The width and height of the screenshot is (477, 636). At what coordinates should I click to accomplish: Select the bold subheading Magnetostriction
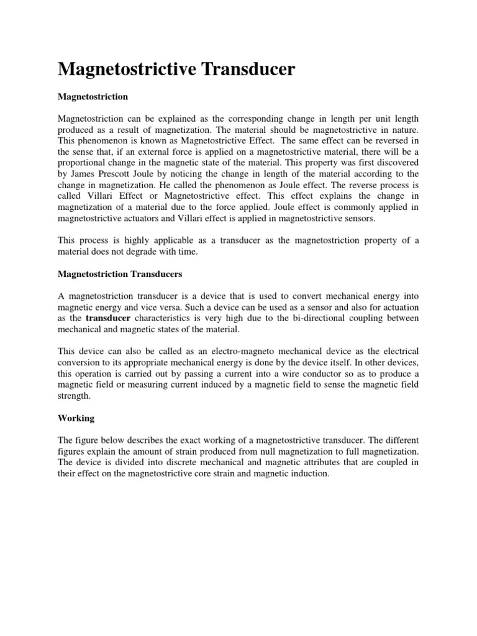93,97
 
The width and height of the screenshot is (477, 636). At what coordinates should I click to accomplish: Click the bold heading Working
76,419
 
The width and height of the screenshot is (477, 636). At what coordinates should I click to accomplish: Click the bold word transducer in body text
108,319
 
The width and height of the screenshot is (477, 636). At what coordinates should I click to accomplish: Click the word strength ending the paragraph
74,395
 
